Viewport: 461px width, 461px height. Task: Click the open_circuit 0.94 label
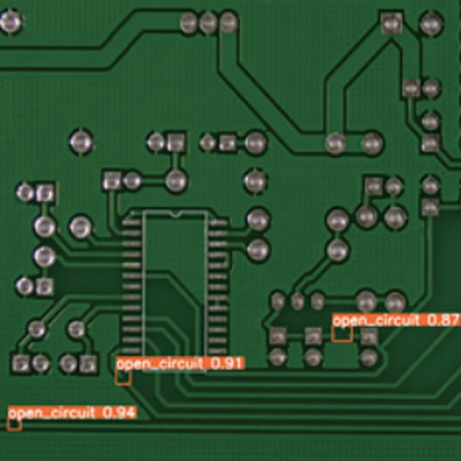click(x=72, y=413)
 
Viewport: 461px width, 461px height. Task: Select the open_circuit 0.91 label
click(x=180, y=363)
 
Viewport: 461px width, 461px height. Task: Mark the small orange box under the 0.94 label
click(x=14, y=425)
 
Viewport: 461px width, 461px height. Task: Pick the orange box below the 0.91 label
click(x=123, y=377)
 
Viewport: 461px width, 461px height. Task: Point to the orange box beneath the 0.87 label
click(x=342, y=334)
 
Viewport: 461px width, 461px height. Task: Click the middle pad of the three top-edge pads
click(x=208, y=22)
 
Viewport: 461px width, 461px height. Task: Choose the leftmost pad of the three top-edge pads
click(x=188, y=22)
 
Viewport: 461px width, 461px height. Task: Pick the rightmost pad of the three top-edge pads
click(x=228, y=22)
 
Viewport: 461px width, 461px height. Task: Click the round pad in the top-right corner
click(x=430, y=24)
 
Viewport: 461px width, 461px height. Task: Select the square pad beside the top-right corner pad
click(x=391, y=24)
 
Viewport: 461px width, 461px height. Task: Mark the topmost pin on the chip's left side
click(x=131, y=222)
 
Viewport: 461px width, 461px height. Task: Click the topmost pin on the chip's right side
click(x=218, y=222)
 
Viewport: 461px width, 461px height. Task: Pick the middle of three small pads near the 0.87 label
click(x=297, y=300)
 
